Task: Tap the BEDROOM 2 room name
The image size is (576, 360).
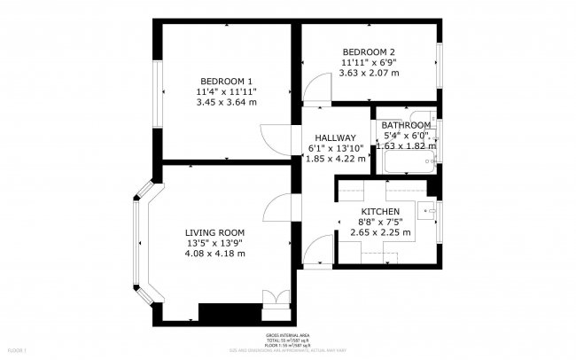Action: [x=368, y=51]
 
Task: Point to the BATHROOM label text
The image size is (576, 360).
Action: [x=406, y=126]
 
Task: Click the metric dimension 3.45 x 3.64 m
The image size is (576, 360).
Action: [x=226, y=102]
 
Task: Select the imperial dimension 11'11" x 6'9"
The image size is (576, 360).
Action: [x=369, y=63]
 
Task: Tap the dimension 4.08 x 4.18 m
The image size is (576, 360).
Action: [x=214, y=254]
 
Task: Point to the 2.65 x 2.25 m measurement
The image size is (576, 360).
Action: [x=380, y=232]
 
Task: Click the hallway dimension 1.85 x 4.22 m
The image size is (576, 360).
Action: [x=336, y=160]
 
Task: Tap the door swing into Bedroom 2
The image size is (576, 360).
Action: [x=314, y=88]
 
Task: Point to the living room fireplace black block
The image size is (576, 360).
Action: [x=230, y=312]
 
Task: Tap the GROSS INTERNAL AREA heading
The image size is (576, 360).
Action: [x=288, y=335]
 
